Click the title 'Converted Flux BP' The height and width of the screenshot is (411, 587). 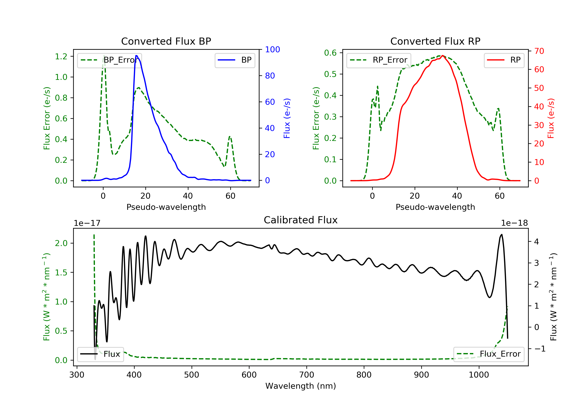166,41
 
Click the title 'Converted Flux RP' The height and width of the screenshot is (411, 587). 435,41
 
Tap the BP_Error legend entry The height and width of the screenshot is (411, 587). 109,60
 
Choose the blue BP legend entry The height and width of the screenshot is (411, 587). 235,60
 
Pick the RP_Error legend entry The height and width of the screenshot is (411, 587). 378,60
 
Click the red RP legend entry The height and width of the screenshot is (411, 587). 504,60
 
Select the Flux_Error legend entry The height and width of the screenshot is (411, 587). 489,354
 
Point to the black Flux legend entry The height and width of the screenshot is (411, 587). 101,354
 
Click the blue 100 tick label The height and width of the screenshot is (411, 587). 272,50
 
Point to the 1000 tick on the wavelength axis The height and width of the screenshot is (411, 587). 479,375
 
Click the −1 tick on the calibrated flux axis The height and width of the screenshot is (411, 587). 540,349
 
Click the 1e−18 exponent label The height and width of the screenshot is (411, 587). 514,223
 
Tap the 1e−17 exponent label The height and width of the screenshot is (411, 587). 87,223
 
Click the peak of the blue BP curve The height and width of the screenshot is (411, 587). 137,56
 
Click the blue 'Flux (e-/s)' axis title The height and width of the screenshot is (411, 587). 287,118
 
